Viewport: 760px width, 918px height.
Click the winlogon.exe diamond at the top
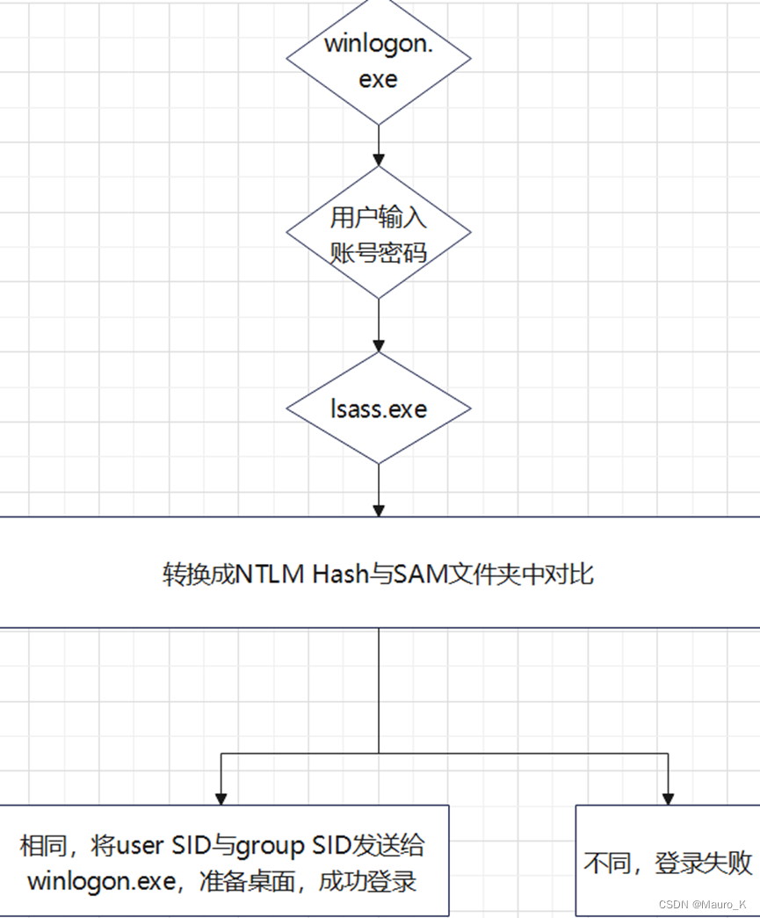(x=379, y=60)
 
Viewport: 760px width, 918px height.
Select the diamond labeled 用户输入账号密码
(x=379, y=233)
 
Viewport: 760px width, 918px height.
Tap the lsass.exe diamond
(x=379, y=408)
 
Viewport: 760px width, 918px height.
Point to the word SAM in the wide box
(x=421, y=574)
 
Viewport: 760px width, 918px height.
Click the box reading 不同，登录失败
(x=668, y=862)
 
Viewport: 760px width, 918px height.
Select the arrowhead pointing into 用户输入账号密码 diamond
(x=379, y=160)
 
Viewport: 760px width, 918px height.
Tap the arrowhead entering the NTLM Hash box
(x=379, y=510)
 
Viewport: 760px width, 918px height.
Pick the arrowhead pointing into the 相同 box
(x=221, y=799)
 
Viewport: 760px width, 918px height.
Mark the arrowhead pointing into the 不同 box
(x=669, y=799)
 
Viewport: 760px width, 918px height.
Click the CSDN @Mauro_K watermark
(x=702, y=904)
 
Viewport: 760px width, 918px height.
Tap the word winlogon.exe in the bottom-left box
(x=101, y=881)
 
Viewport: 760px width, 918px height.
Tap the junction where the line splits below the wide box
(x=379, y=754)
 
